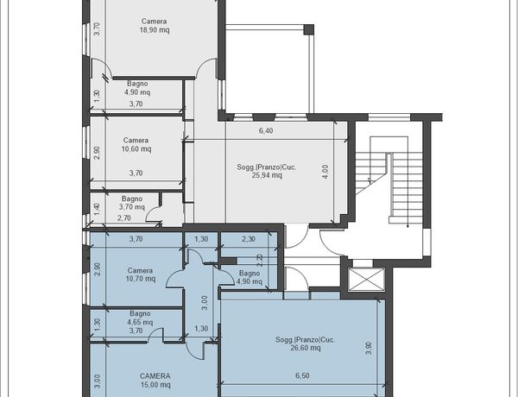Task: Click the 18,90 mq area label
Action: (155, 30)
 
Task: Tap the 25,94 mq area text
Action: (267, 175)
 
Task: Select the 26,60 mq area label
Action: (306, 348)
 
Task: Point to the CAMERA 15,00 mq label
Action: (155, 381)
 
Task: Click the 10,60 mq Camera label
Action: (136, 145)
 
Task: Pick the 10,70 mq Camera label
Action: (141, 274)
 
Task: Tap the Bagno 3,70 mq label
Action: (132, 203)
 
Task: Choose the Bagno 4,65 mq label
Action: (140, 318)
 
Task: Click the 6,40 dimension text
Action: (266, 131)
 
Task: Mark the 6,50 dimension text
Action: (302, 376)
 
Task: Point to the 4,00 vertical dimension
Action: (325, 172)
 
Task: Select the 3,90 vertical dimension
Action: (369, 349)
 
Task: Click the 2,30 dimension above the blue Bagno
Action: (249, 239)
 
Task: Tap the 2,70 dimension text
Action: (123, 218)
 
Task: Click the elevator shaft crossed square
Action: (366, 280)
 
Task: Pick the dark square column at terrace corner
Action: (308, 29)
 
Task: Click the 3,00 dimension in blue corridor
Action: (205, 303)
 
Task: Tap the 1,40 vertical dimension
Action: (97, 210)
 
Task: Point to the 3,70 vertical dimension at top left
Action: (97, 28)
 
